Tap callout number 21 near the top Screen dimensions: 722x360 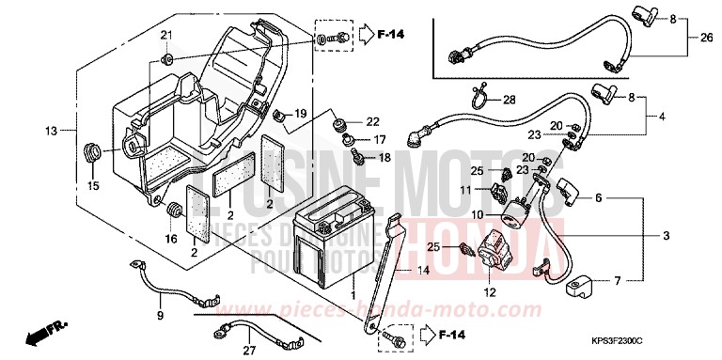pyautogui.click(x=166, y=36)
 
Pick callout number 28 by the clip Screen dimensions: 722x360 pyautogui.click(x=509, y=100)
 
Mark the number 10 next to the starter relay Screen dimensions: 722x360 pyautogui.click(x=477, y=215)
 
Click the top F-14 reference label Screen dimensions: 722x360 pyautogui.click(x=392, y=36)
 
